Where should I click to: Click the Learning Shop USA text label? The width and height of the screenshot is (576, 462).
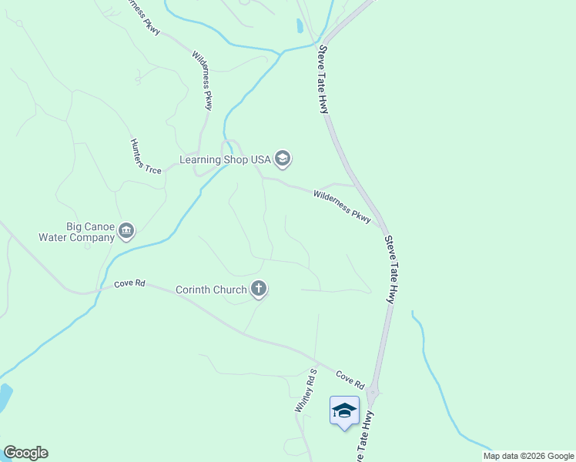(225, 159)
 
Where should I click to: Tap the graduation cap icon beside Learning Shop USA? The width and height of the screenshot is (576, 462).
(283, 159)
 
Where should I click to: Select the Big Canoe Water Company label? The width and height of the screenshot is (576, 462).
(76, 232)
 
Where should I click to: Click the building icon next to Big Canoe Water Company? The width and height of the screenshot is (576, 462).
(127, 230)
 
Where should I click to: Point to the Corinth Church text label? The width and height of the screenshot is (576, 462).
(211, 290)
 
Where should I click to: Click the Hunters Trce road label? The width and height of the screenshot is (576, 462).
(146, 156)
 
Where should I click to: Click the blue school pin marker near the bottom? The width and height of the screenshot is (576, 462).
(344, 410)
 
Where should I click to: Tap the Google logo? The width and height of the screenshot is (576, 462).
(25, 453)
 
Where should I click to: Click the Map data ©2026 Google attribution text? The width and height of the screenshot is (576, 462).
(528, 456)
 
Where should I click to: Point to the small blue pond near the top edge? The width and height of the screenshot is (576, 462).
(300, 25)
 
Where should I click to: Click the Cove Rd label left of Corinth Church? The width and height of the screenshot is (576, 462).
(129, 283)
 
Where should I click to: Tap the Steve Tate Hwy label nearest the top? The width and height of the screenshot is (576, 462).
(323, 80)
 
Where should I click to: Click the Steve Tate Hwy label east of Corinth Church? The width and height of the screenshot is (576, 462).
(390, 269)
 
